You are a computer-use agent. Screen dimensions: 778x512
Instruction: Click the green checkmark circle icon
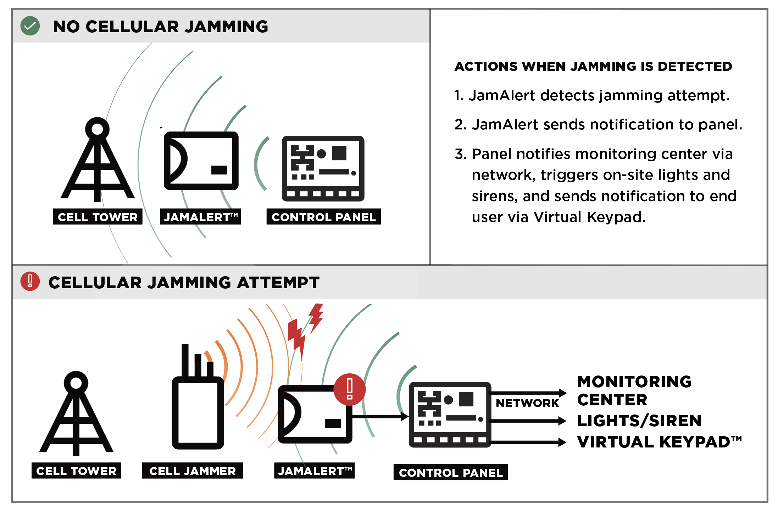click(x=30, y=26)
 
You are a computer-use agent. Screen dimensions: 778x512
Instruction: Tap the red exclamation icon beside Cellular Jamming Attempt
click(x=30, y=282)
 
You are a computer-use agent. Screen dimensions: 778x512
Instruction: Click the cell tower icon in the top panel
click(x=98, y=160)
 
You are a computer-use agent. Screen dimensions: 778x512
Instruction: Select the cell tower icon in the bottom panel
click(x=76, y=413)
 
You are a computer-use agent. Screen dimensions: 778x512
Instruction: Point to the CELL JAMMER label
click(x=193, y=471)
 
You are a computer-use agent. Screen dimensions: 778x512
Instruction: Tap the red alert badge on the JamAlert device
click(x=350, y=389)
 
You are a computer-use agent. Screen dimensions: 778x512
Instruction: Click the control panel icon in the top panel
click(x=323, y=168)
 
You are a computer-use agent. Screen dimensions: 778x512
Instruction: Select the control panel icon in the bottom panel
click(x=450, y=414)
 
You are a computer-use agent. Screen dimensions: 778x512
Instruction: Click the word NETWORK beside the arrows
click(x=527, y=403)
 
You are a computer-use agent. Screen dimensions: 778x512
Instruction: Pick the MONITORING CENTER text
click(x=634, y=390)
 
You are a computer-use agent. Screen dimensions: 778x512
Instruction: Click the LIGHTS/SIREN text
click(x=639, y=421)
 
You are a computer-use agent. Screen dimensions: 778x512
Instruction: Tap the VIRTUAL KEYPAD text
click(x=659, y=442)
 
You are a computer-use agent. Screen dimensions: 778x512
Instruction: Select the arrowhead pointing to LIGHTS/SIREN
click(x=562, y=421)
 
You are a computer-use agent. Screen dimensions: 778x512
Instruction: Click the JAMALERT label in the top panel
click(x=201, y=217)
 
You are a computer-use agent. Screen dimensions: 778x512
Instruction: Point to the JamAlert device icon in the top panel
click(x=201, y=161)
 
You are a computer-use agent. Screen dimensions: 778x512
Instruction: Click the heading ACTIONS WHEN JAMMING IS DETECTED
click(x=593, y=66)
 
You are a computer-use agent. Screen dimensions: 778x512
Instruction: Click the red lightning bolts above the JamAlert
click(x=304, y=330)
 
